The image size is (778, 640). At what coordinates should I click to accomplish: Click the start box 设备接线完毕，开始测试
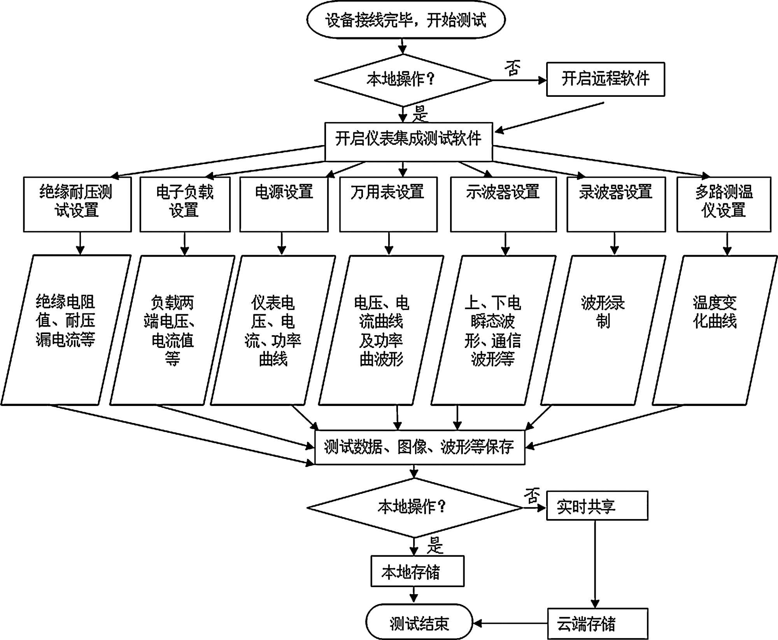pyautogui.click(x=406, y=19)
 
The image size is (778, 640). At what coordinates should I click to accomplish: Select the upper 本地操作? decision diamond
pyautogui.click(x=403, y=80)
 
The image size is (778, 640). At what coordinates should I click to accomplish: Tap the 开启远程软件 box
pyautogui.click(x=606, y=79)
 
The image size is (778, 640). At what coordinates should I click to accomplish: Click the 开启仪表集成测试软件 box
pyautogui.click(x=408, y=142)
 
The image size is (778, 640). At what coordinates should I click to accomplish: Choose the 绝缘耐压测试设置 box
pyautogui.click(x=77, y=205)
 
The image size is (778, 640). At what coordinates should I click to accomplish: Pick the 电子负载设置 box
pyautogui.click(x=185, y=205)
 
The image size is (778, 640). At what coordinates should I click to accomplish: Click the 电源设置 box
pyautogui.click(x=284, y=205)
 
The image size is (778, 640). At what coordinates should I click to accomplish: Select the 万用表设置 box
pyautogui.click(x=388, y=205)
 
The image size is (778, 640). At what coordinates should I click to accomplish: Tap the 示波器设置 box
pyautogui.click(x=503, y=205)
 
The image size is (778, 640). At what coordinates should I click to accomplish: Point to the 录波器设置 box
pyautogui.click(x=616, y=205)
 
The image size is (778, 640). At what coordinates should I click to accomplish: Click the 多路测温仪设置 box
pyautogui.click(x=724, y=205)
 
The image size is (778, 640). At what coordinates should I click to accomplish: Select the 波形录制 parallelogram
pyautogui.click(x=603, y=330)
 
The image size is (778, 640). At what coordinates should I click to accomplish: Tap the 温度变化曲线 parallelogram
pyautogui.click(x=715, y=330)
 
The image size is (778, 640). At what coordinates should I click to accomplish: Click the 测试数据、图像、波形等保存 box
pyautogui.click(x=420, y=447)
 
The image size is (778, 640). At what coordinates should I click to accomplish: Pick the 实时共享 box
pyautogui.click(x=597, y=505)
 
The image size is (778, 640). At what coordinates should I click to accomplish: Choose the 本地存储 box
pyautogui.click(x=417, y=571)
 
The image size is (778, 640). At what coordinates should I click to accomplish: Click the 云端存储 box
pyautogui.click(x=598, y=624)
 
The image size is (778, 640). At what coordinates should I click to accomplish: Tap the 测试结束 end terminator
pyautogui.click(x=419, y=622)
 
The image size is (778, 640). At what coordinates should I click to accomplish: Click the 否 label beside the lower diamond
pyautogui.click(x=532, y=496)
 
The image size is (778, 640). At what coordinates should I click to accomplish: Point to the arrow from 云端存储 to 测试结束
pyautogui.click(x=510, y=623)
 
